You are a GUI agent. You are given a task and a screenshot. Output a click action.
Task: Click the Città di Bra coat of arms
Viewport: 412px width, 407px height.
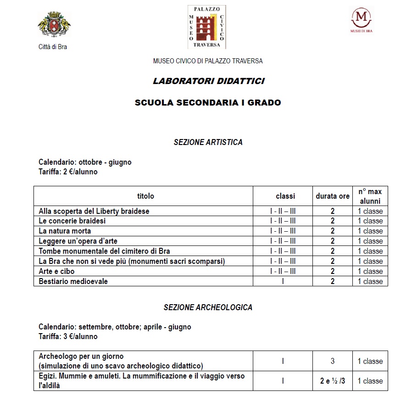pyautogui.click(x=54, y=28)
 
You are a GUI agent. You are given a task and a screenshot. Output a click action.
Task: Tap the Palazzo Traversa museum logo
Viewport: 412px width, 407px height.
pyautogui.click(x=207, y=27)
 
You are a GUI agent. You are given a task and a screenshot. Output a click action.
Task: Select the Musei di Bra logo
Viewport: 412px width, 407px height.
pyautogui.click(x=361, y=20)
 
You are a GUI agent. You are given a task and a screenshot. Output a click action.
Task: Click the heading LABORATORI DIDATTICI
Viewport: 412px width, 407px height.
pyautogui.click(x=208, y=81)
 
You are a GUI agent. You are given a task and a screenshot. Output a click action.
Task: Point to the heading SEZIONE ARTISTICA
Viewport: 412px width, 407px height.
pyautogui.click(x=208, y=142)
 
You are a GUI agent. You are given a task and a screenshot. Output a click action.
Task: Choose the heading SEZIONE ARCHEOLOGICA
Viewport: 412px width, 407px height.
pyautogui.click(x=208, y=307)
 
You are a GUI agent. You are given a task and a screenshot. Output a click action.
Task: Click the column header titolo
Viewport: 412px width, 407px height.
pyautogui.click(x=145, y=196)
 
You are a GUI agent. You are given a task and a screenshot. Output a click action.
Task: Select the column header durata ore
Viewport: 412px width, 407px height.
pyautogui.click(x=333, y=196)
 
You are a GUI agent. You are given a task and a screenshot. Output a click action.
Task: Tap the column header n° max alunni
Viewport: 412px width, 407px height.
pyautogui.click(x=370, y=196)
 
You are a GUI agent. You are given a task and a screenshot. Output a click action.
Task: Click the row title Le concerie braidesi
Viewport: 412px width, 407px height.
pyautogui.click(x=72, y=221)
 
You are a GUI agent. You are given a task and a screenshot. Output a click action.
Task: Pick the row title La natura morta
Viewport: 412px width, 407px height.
pyautogui.click(x=65, y=231)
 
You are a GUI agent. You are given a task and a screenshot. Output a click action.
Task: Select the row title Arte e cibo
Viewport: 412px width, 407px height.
pyautogui.click(x=56, y=271)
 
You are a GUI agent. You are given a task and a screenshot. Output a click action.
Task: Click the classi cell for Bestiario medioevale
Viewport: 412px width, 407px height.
pyautogui.click(x=283, y=281)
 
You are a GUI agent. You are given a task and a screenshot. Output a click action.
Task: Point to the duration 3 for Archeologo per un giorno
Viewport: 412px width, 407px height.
pyautogui.click(x=333, y=361)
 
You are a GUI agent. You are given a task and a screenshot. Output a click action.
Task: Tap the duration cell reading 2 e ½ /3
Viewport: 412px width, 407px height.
pyautogui.click(x=333, y=381)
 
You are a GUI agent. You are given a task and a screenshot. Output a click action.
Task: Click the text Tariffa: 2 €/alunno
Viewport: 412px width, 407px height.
pyautogui.click(x=68, y=172)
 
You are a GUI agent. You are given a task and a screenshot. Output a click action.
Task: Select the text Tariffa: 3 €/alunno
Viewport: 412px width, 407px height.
pyautogui.click(x=68, y=336)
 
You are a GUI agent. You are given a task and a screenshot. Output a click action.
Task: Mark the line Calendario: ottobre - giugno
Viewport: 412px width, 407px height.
pyautogui.click(x=85, y=162)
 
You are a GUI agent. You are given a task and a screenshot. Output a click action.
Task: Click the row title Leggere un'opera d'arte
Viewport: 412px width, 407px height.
pyautogui.click(x=75, y=241)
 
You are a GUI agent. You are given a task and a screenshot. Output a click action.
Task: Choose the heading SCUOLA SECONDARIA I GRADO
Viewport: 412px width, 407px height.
pyautogui.click(x=208, y=103)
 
